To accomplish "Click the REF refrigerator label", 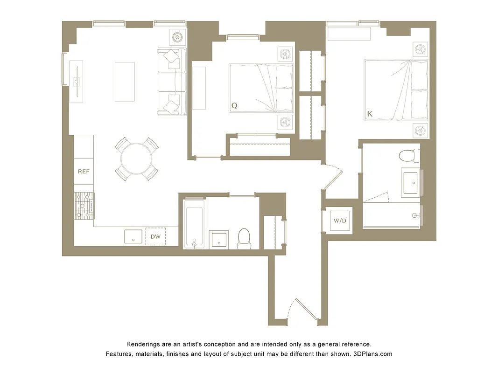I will point(84,172).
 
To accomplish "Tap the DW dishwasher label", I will point(155,237).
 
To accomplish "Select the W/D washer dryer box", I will point(339,221).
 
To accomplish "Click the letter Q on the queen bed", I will point(234,106).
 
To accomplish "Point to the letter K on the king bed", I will point(370,114).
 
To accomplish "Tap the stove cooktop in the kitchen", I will point(84,205).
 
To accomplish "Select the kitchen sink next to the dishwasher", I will point(133,236).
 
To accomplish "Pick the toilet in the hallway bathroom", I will point(244,239).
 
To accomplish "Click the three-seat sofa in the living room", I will point(172,82).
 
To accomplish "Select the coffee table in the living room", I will point(125,82).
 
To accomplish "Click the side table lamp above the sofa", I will point(178,37).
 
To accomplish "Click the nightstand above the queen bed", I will point(285,54).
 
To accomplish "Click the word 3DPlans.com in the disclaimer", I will point(372,354).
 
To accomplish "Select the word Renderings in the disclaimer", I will point(144,344).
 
